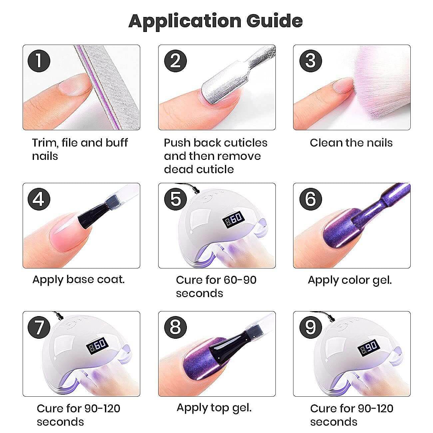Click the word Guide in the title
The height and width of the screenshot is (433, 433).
click(274, 21)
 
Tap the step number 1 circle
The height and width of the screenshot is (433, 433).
click(39, 61)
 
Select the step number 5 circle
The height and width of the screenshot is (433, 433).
click(175, 199)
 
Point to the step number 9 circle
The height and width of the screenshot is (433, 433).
click(310, 327)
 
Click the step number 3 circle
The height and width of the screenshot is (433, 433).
click(310, 61)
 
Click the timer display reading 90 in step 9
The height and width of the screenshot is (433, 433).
click(368, 348)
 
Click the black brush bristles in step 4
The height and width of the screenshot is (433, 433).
click(93, 217)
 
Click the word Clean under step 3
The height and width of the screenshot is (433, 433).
click(326, 143)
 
